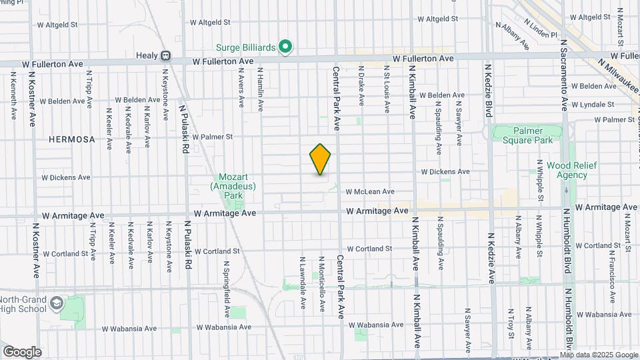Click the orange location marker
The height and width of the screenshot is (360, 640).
(321, 159)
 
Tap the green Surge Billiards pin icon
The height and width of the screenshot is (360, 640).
(285, 47)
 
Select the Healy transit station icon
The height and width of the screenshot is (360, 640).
(165, 56)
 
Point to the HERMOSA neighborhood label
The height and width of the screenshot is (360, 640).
(72, 140)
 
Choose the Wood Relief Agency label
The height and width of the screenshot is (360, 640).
(567, 170)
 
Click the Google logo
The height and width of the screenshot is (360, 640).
(22, 351)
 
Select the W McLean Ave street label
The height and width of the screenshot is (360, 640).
(370, 192)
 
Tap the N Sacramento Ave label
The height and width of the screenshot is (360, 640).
(563, 74)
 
